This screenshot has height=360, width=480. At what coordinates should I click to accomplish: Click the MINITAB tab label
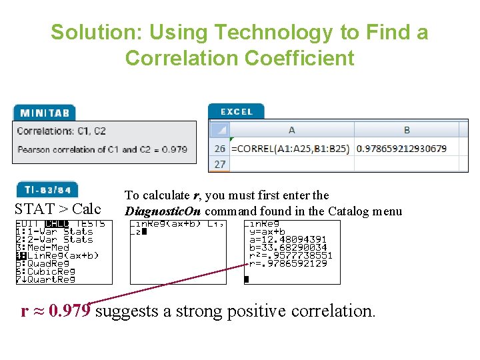(x=44, y=113)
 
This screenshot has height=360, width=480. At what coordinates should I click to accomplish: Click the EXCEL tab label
(x=236, y=111)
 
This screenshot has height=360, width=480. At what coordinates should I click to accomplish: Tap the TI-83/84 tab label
(x=45, y=190)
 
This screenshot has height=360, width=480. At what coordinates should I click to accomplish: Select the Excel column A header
(x=291, y=130)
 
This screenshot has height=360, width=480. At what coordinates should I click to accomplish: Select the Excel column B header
(x=407, y=130)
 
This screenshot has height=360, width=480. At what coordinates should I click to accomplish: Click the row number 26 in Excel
(x=219, y=149)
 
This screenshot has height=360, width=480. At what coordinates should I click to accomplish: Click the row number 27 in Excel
(x=219, y=164)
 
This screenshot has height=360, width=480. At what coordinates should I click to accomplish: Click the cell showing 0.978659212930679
(x=401, y=149)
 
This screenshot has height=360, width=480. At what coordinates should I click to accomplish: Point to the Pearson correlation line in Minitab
(x=102, y=149)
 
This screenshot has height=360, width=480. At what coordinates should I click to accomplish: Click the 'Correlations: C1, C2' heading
(x=61, y=131)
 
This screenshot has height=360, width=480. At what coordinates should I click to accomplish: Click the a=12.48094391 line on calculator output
(x=288, y=239)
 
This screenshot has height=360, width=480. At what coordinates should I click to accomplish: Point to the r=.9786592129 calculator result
(x=288, y=263)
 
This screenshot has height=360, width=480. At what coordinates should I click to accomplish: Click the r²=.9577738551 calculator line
(x=289, y=255)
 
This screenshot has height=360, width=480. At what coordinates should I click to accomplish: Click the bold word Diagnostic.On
(x=163, y=211)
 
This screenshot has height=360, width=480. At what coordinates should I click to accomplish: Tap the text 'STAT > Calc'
(x=58, y=209)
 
